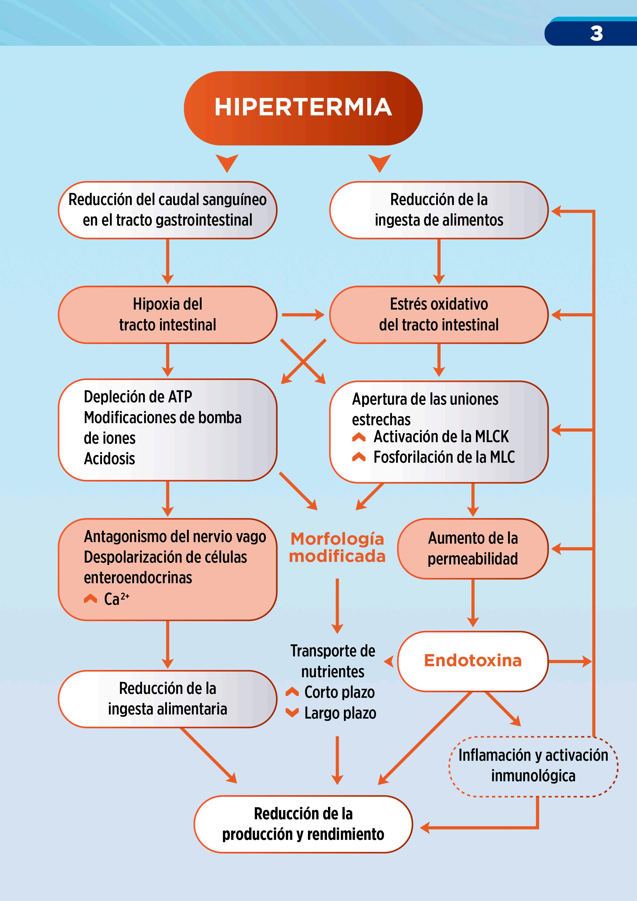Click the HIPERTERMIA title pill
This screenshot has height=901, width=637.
pyautogui.click(x=303, y=108)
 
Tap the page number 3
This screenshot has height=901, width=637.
pyautogui.click(x=596, y=33)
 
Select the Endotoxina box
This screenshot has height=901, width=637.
pyautogui.click(x=473, y=661)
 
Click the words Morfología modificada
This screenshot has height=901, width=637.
pyautogui.click(x=337, y=547)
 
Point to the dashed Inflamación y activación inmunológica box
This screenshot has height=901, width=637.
pyautogui.click(x=533, y=766)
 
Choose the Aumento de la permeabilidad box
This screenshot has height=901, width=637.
pyautogui.click(x=473, y=548)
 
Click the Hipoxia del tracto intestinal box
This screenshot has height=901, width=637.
pyautogui.click(x=167, y=314)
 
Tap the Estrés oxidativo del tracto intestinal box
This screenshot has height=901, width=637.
pyautogui.click(x=438, y=314)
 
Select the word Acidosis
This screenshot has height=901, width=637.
pyautogui.click(x=109, y=458)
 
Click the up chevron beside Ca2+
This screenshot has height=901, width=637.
pyautogui.click(x=90, y=598)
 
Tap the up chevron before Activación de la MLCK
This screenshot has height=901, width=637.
pyautogui.click(x=359, y=437)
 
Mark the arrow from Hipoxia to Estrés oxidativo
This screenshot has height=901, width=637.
pyautogui.click(x=303, y=314)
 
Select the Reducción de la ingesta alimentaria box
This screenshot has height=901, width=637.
pyautogui.click(x=167, y=699)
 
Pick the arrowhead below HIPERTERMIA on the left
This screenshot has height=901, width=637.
pyautogui.click(x=227, y=162)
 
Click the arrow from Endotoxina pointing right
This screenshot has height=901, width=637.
pyautogui.click(x=569, y=661)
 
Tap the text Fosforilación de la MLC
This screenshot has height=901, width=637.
pyautogui.click(x=444, y=457)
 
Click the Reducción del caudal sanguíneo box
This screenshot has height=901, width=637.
pyautogui.click(x=167, y=210)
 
